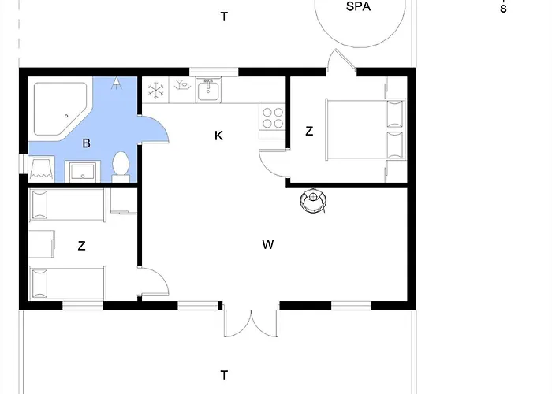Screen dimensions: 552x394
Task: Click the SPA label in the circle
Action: click(x=358, y=6)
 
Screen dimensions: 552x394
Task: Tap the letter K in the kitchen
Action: click(x=218, y=136)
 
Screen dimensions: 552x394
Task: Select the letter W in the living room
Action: click(x=268, y=244)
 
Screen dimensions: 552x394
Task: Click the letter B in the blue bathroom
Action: click(x=86, y=143)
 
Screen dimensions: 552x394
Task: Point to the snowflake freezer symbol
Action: click(x=155, y=90)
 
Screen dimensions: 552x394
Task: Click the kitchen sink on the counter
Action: click(x=208, y=91)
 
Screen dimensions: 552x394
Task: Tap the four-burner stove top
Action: click(x=273, y=118)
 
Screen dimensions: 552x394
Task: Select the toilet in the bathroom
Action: click(x=121, y=167)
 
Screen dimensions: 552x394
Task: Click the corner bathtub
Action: click(x=60, y=109)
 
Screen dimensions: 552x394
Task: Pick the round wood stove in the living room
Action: click(x=313, y=200)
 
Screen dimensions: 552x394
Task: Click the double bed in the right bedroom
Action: click(x=366, y=130)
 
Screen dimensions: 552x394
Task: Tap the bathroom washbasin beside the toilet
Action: click(x=83, y=171)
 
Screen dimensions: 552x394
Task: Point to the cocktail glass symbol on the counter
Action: click(x=182, y=85)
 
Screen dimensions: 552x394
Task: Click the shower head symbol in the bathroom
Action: click(x=117, y=84)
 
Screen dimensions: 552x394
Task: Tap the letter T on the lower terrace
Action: click(x=224, y=375)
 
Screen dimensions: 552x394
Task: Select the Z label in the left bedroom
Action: click(x=81, y=246)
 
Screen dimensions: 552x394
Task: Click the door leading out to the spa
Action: click(x=341, y=61)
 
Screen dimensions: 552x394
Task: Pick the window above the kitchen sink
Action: click(x=214, y=72)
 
